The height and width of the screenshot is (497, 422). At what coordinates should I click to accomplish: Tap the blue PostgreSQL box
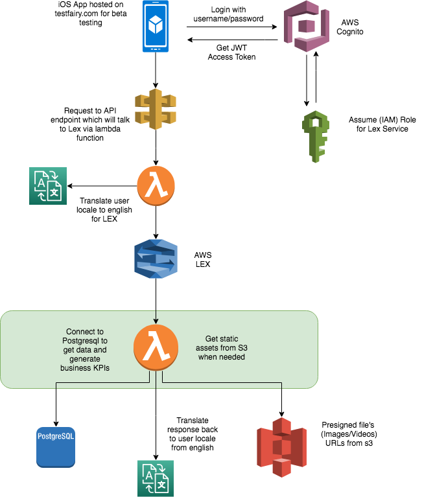pyautogui.click(x=56, y=447)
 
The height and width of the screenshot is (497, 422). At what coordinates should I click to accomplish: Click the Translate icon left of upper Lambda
pyautogui.click(x=47, y=187)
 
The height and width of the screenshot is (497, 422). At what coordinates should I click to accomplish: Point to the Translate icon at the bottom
pyautogui.click(x=156, y=478)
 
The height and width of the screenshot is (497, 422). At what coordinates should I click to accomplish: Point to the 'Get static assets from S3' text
pyautogui.click(x=224, y=348)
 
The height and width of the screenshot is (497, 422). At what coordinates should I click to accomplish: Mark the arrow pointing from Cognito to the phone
pyautogui.click(x=233, y=40)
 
